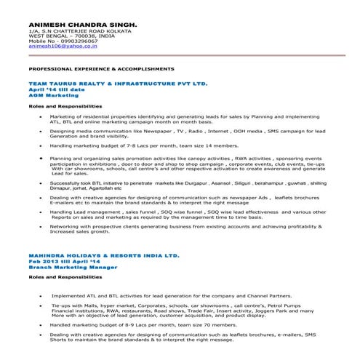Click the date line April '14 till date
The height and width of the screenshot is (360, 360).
[x=55, y=89]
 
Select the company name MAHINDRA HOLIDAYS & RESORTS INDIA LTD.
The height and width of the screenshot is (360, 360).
[x=103, y=255]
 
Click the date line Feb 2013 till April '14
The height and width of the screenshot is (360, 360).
[x=66, y=261]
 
